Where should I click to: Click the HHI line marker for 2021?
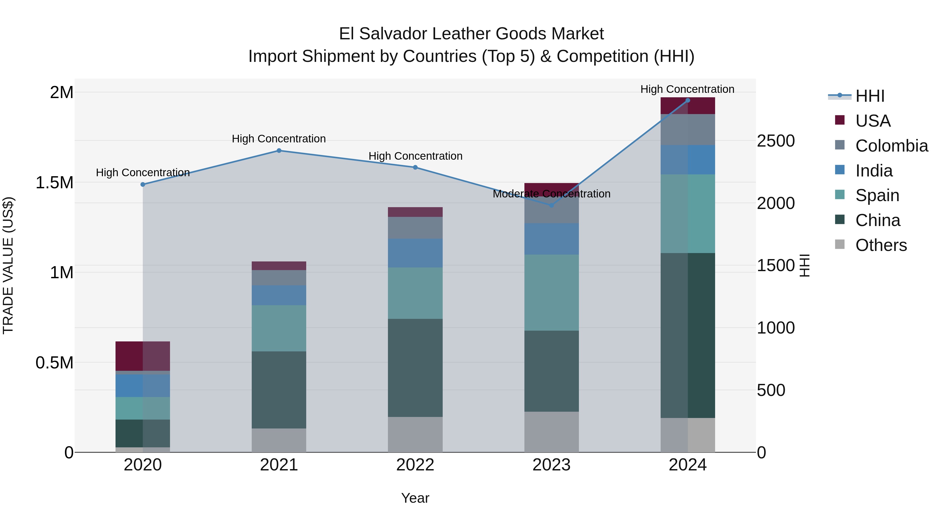[x=279, y=151]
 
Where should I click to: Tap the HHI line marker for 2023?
[x=552, y=205]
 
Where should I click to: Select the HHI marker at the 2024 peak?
[x=688, y=100]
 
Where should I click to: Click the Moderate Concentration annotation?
[x=551, y=194]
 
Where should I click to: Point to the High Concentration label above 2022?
[x=415, y=156]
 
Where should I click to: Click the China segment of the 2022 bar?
[x=415, y=368]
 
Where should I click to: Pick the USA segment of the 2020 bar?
[x=143, y=356]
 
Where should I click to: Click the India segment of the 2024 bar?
[x=688, y=160]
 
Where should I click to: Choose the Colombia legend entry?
[x=891, y=146]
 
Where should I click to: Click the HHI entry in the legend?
[x=869, y=96]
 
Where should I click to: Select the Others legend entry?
[x=881, y=245]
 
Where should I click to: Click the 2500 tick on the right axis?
[x=776, y=141]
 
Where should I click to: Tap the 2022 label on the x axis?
[x=415, y=465]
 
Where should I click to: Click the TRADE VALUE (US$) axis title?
[x=8, y=265]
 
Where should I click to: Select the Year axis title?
[x=415, y=498]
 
